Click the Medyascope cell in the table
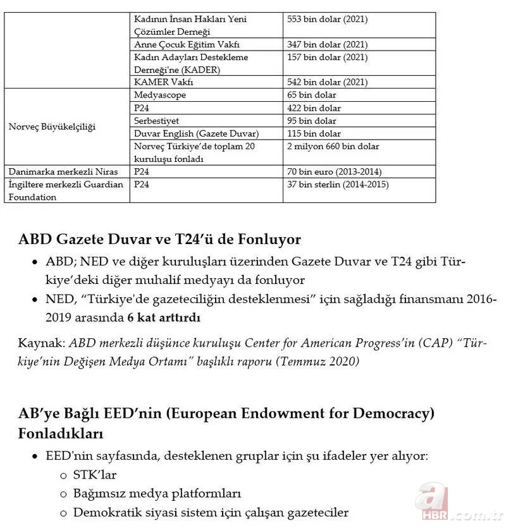160,95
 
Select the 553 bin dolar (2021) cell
327,20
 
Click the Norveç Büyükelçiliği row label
52,127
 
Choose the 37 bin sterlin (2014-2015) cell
338,185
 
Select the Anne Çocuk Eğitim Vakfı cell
187,45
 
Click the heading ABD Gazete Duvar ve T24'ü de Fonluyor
159,240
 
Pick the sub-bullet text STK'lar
95,474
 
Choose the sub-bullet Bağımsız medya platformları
157,493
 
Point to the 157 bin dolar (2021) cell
327,58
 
